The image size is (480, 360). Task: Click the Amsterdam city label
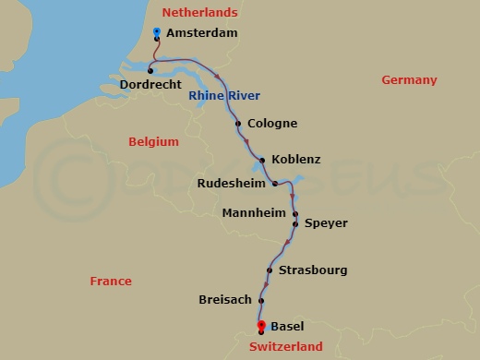203,33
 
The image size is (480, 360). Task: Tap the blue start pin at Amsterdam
157,33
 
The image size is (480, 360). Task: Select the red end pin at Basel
261,326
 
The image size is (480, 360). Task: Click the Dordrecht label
150,85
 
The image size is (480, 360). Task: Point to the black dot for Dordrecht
150,70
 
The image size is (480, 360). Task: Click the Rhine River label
224,96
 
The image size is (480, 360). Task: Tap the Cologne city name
272,124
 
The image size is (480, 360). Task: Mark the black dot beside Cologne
238,124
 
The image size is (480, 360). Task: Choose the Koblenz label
297,159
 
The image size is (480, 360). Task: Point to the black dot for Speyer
296,223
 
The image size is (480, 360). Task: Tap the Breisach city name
224,300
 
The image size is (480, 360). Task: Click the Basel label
287,326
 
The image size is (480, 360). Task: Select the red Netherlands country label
199,13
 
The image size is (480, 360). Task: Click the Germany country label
409,80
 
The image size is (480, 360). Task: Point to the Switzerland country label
286,347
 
